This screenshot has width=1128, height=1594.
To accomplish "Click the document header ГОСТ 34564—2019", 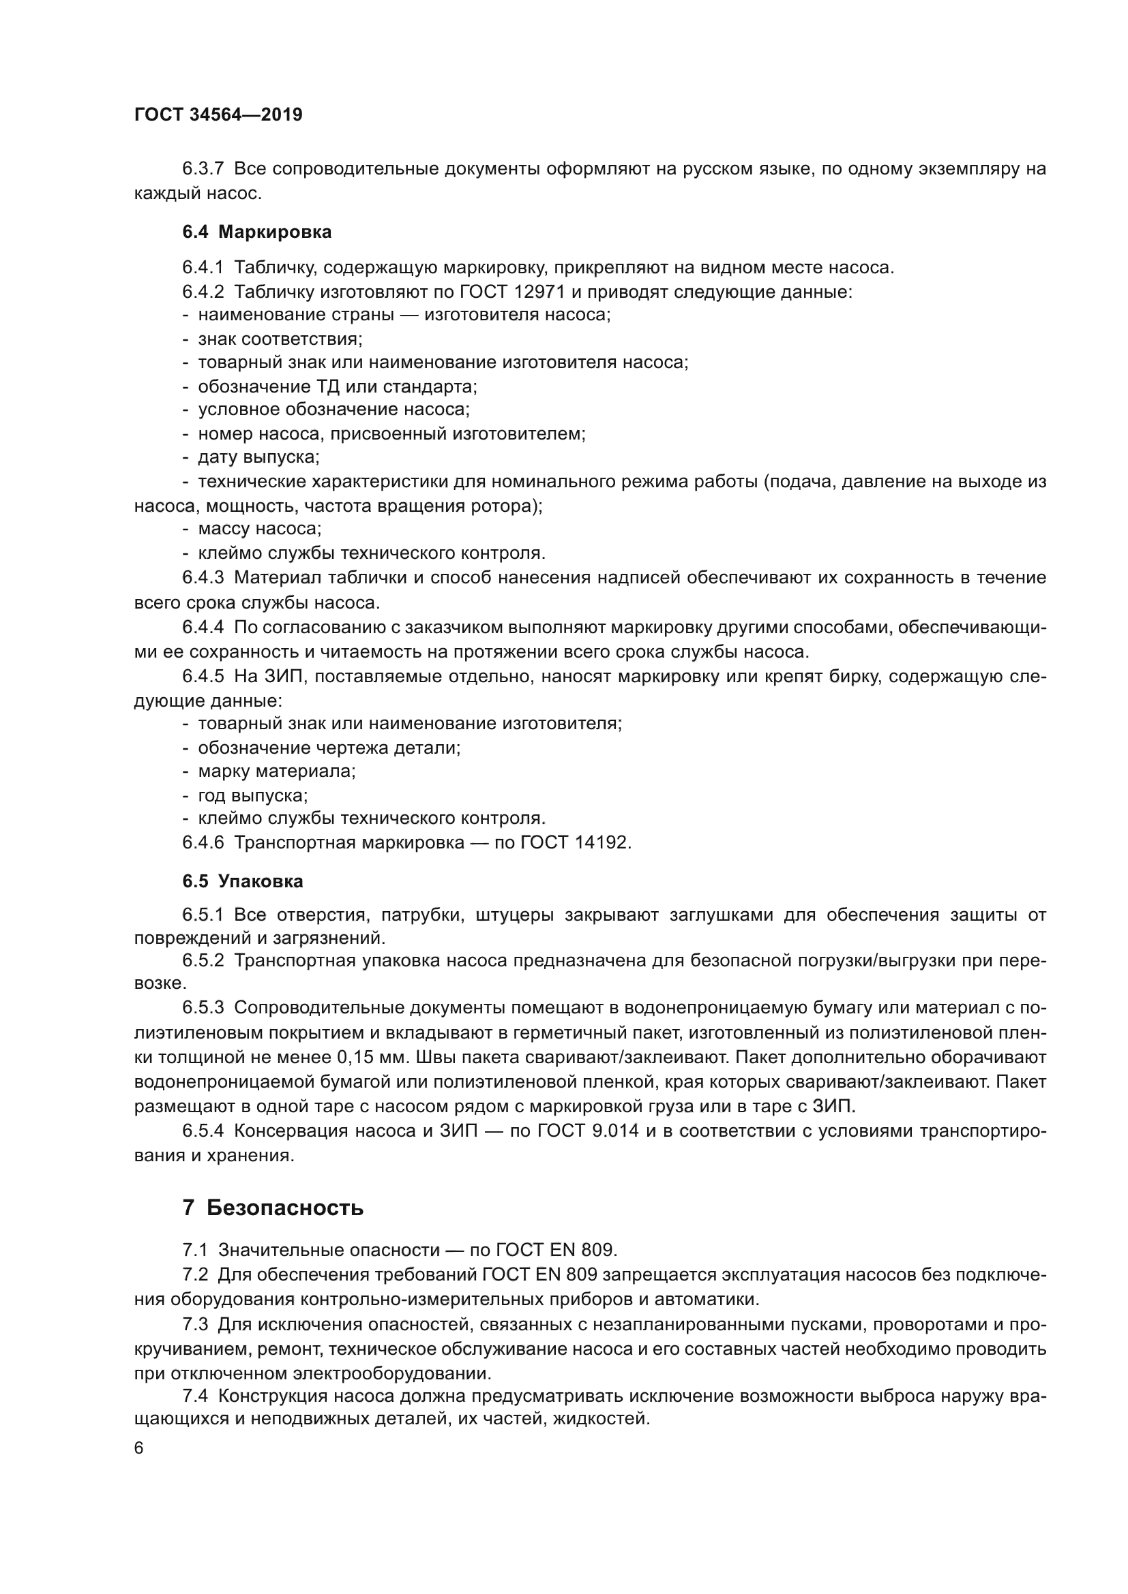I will tap(218, 114).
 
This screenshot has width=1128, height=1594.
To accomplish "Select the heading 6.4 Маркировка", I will tap(257, 232).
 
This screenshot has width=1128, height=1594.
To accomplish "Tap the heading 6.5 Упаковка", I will tap(242, 881).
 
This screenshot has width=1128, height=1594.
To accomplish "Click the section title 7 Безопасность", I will tap(272, 1208).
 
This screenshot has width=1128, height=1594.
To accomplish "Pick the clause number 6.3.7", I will tap(203, 169).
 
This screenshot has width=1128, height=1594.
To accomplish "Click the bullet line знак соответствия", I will tap(280, 339).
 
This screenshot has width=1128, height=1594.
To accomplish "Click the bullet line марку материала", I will tap(276, 771).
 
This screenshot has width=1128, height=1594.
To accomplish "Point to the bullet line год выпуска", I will tap(253, 795).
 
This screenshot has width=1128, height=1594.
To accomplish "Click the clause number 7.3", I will tap(195, 1324).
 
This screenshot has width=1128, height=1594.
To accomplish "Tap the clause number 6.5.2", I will tap(203, 960).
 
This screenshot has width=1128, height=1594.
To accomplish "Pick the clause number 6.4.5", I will tap(203, 676).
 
